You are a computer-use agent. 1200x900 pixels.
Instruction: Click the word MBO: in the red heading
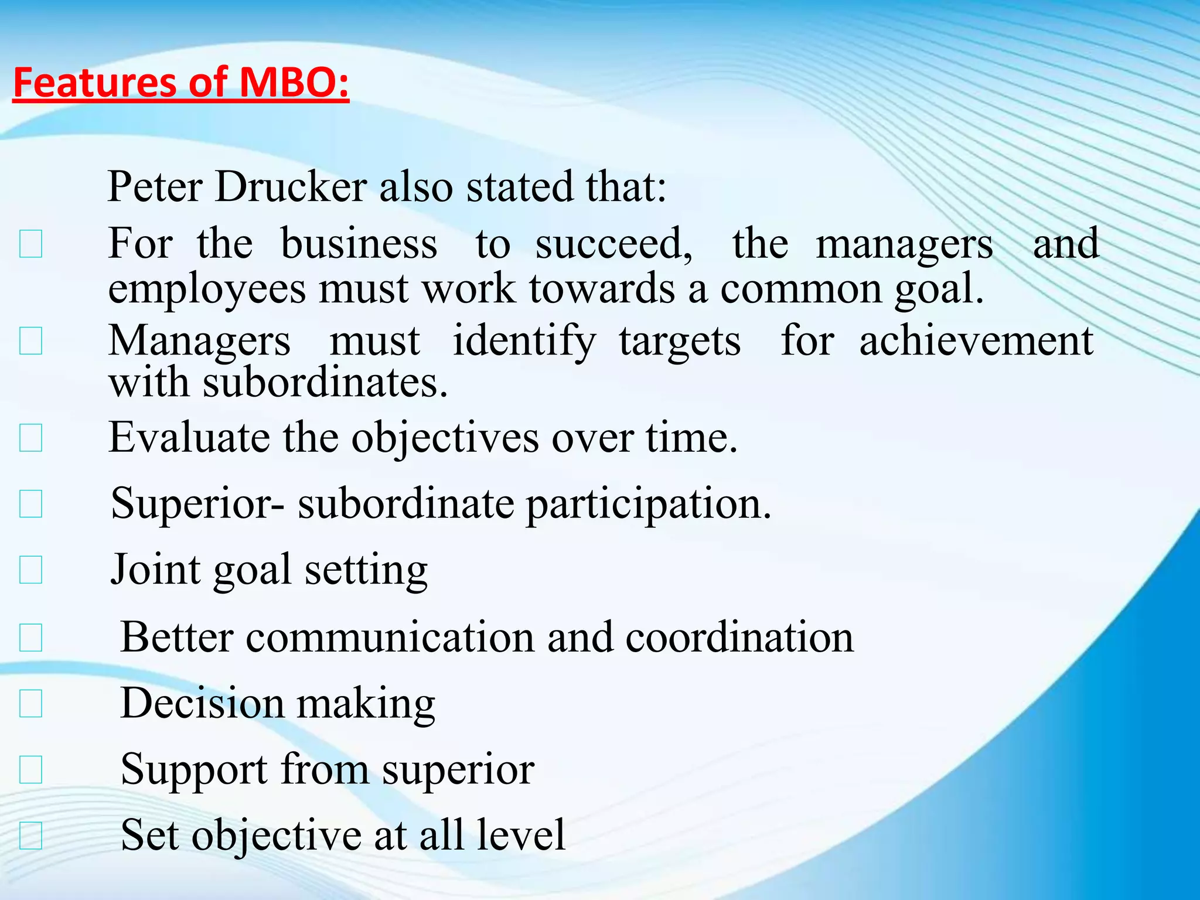(x=295, y=82)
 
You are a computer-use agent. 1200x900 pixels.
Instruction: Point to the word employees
(x=207, y=289)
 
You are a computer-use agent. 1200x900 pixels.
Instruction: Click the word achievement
(x=976, y=340)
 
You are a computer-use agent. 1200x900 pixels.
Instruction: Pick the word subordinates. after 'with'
(x=326, y=383)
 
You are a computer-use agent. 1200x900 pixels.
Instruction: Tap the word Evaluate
(x=189, y=438)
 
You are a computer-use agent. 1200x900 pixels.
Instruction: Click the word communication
(x=390, y=637)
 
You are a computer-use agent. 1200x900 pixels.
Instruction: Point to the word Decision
(x=202, y=703)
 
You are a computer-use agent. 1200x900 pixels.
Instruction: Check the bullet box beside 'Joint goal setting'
(x=30, y=570)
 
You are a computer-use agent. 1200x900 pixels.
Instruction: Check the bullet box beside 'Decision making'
(x=30, y=704)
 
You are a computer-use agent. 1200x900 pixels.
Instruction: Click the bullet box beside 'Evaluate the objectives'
(x=30, y=438)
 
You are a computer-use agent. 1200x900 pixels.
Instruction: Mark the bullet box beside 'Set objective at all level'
(x=30, y=836)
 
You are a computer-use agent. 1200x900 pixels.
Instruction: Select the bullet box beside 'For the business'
(x=30, y=244)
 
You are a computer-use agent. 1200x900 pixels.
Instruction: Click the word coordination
(x=739, y=637)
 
